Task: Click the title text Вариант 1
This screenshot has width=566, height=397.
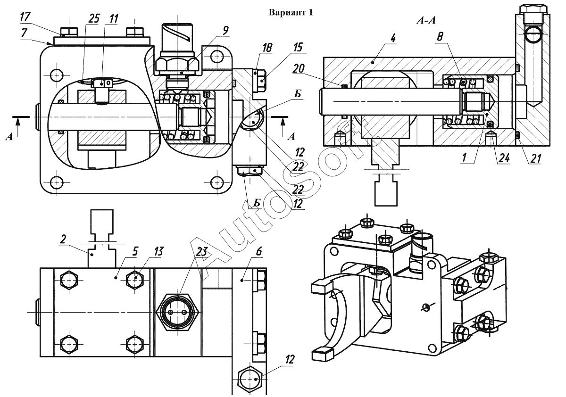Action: click(x=291, y=12)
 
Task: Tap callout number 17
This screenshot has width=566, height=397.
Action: click(x=25, y=17)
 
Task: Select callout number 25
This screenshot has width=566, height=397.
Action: click(x=94, y=18)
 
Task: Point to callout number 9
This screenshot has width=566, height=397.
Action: click(x=225, y=30)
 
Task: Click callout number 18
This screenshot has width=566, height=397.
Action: click(x=267, y=48)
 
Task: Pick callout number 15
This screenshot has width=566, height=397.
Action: click(x=298, y=47)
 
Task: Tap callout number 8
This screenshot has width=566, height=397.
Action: click(x=440, y=37)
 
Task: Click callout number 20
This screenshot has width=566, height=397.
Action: click(x=299, y=68)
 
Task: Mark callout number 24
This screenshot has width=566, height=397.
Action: click(x=503, y=158)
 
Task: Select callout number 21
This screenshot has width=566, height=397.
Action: click(x=535, y=158)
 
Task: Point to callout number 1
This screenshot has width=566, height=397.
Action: click(x=464, y=157)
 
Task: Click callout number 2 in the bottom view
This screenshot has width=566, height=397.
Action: click(x=63, y=239)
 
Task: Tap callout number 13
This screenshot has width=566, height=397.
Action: click(x=158, y=251)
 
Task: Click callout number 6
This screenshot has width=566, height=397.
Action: click(x=259, y=251)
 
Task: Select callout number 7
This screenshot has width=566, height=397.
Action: click(x=25, y=33)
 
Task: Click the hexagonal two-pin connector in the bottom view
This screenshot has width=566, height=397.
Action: click(x=178, y=313)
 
